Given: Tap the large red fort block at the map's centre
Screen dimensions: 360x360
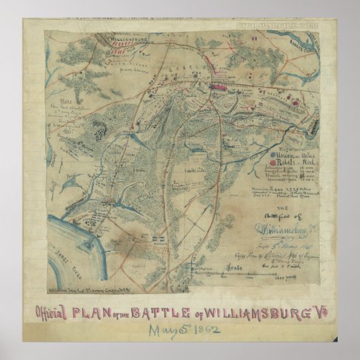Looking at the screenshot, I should coord(219,87).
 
